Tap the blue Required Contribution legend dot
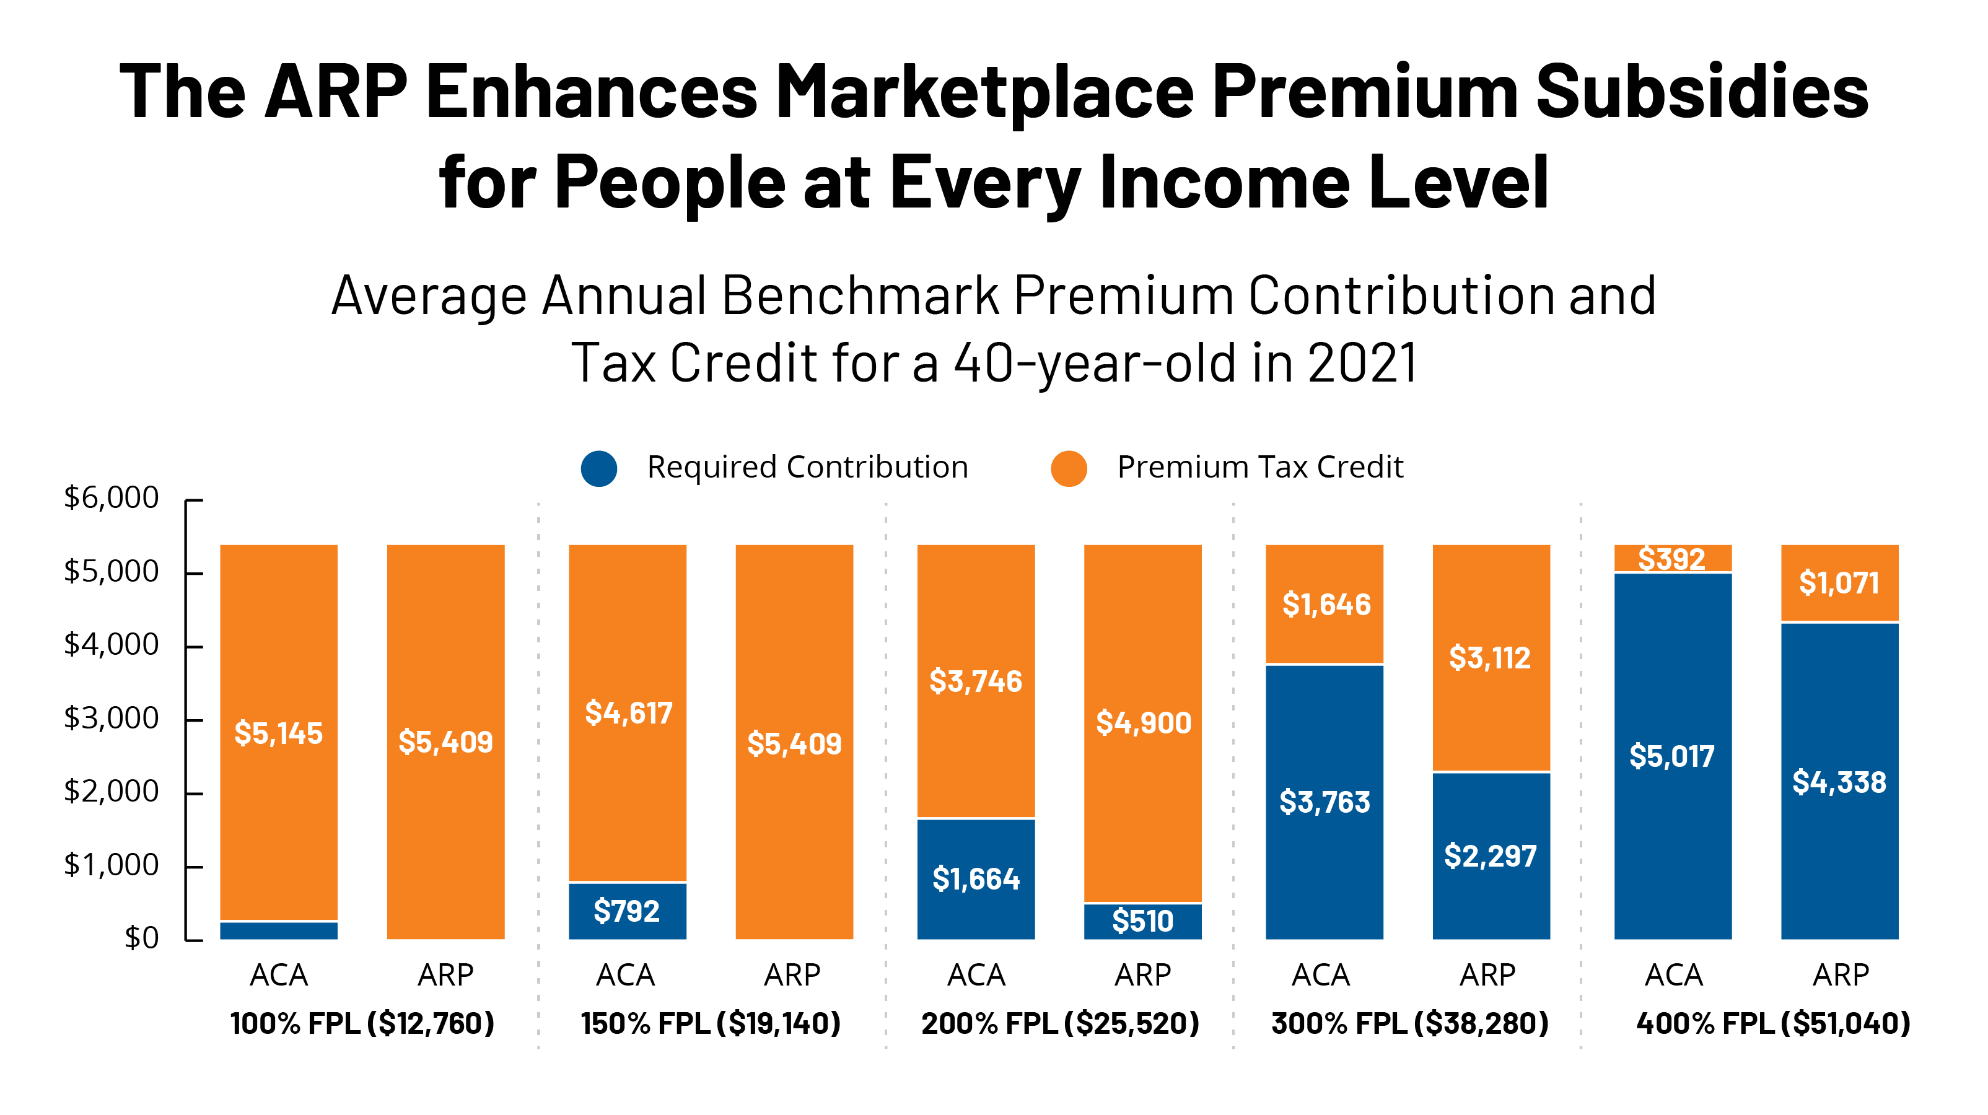click(599, 468)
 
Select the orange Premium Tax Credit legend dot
click(1069, 468)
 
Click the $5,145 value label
click(279, 733)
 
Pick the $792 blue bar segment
click(628, 911)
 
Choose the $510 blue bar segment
click(1143, 920)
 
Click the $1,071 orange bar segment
click(1839, 582)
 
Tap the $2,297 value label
click(1491, 855)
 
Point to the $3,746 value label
click(976, 681)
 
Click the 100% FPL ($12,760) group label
click(362, 1023)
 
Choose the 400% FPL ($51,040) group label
click(1772, 1023)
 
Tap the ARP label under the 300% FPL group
click(1488, 976)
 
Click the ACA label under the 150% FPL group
click(625, 976)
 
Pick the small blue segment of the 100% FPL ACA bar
click(279, 930)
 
